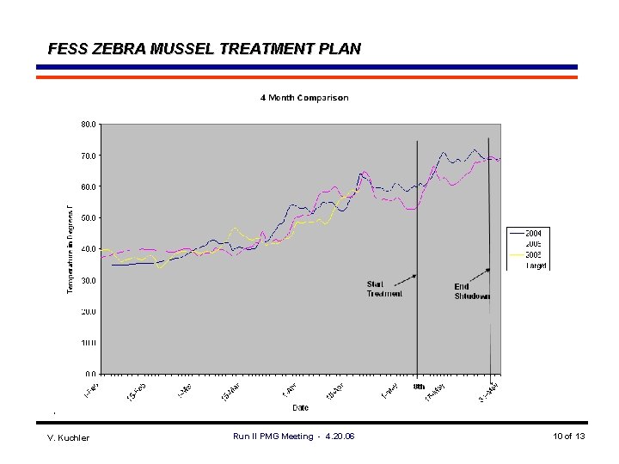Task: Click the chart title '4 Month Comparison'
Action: point(304,98)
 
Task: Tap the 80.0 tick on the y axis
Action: point(89,124)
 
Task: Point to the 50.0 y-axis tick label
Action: point(89,217)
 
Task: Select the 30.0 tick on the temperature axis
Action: point(89,280)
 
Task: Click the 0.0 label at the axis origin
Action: point(90,374)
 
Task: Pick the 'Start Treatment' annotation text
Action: point(384,289)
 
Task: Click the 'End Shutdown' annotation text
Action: point(472,291)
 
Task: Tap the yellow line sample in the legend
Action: point(517,255)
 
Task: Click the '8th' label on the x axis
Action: point(419,387)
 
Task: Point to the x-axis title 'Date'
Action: point(300,406)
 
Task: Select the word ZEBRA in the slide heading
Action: point(117,49)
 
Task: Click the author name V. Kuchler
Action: point(68,437)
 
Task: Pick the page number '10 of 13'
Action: point(569,437)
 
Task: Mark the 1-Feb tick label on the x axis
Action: point(91,389)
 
